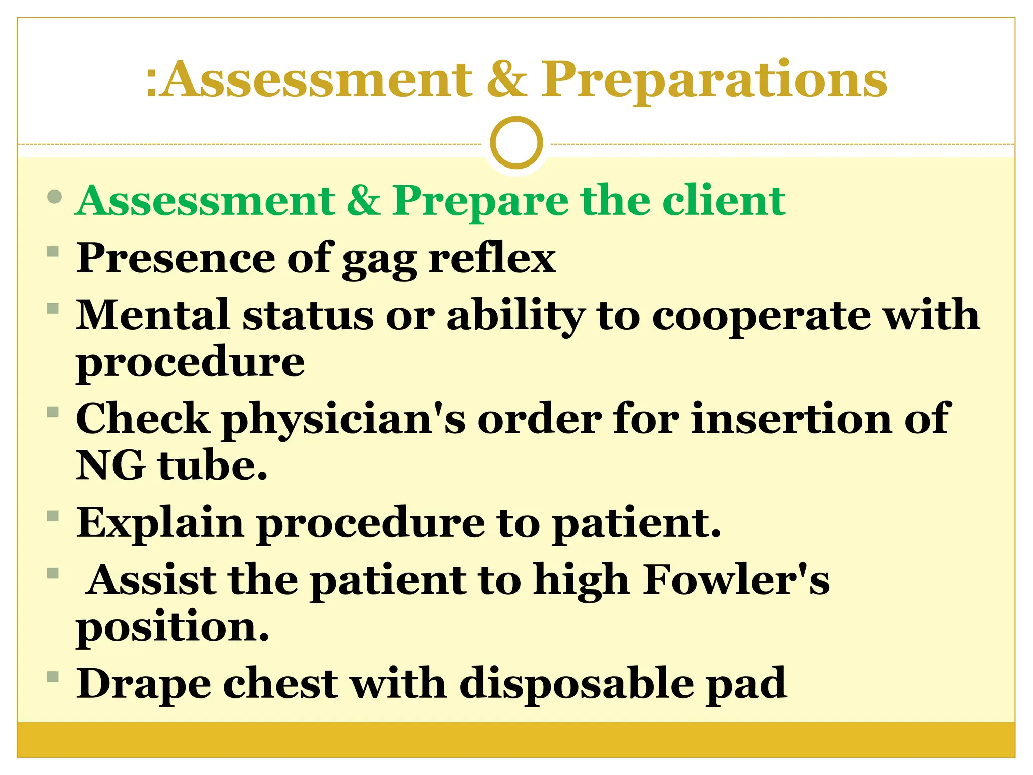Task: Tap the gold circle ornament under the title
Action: [x=516, y=143]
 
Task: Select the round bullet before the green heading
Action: [x=54, y=197]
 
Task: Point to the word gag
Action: [x=379, y=259]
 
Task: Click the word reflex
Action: [x=492, y=258]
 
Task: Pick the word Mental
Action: [x=153, y=315]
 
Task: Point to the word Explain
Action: [x=160, y=524]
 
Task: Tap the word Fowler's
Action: [x=736, y=580]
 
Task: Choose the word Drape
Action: [x=143, y=684]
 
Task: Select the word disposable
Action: [x=576, y=684]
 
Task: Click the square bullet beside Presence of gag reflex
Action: [x=53, y=251]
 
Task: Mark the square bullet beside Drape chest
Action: [x=53, y=676]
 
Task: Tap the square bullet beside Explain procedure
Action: [x=53, y=516]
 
